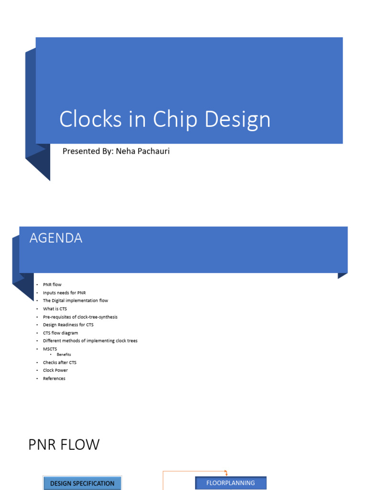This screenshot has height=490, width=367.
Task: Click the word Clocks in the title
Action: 90,119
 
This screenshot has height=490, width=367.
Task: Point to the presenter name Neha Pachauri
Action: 142,151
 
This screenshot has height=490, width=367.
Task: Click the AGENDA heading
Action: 56,238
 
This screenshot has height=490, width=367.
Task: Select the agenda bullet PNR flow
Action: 52,285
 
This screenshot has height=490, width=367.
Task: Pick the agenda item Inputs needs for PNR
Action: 65,293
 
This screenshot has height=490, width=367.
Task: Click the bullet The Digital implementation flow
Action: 76,301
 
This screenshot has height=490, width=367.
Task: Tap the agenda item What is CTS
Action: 55,309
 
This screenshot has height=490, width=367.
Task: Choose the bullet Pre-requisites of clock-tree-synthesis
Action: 80,317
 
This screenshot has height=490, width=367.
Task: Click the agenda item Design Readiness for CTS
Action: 68,325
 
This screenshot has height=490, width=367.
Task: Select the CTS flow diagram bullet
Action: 61,333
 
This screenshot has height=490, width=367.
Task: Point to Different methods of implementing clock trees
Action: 90,341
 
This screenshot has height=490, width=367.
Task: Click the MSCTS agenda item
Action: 50,349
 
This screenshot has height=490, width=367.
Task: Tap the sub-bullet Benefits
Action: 64,355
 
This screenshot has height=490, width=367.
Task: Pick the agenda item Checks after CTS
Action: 60,363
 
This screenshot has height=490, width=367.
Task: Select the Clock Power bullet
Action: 55,370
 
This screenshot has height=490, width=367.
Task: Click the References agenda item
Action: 54,379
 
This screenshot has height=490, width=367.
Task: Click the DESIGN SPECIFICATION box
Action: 82,483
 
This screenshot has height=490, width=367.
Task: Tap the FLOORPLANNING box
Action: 231,483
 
